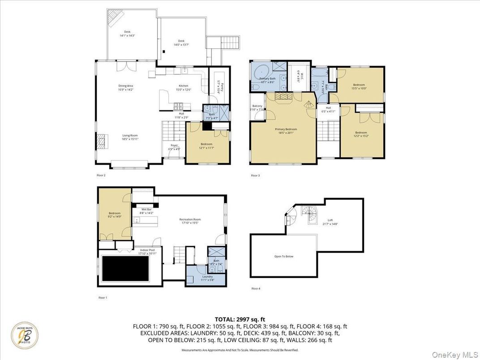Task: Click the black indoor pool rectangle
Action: pyautogui.click(x=125, y=269)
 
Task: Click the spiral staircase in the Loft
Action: pyautogui.click(x=308, y=213)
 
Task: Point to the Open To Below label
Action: pyautogui.click(x=283, y=257)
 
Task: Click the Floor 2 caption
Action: pyautogui.click(x=101, y=175)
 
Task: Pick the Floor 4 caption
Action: pyautogui.click(x=255, y=288)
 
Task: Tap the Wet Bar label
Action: pyautogui.click(x=147, y=211)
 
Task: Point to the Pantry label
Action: pyautogui.click(x=221, y=83)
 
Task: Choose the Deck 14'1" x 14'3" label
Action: pyautogui.click(x=127, y=33)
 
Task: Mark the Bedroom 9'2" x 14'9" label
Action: pyautogui.click(x=115, y=214)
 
